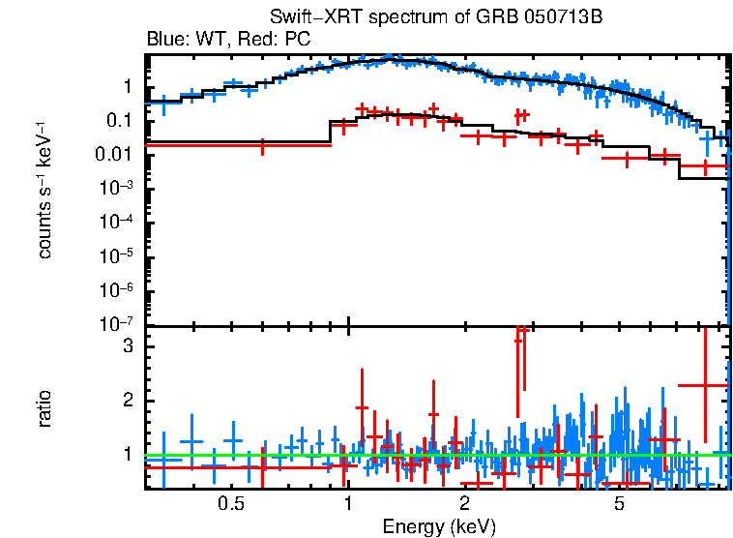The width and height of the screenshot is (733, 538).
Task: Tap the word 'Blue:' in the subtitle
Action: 166,40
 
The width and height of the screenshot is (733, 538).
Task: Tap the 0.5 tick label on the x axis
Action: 230,503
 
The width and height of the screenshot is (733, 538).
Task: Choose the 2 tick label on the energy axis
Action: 464,503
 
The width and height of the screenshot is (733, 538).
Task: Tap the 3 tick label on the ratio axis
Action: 125,346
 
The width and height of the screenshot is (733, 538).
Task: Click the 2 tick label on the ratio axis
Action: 125,401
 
